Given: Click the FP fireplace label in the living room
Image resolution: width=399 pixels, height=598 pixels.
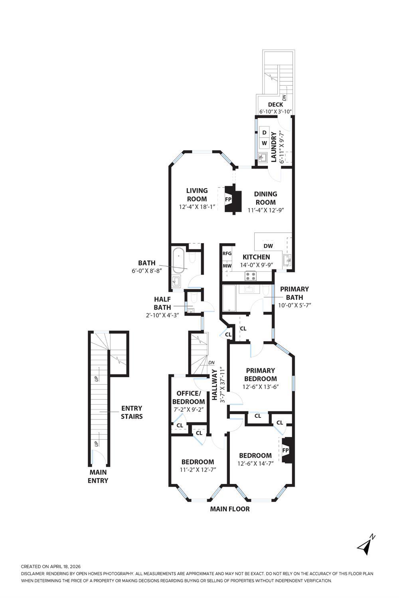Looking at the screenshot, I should [x=229, y=199].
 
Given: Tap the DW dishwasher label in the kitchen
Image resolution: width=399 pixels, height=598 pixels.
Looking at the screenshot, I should [x=268, y=246].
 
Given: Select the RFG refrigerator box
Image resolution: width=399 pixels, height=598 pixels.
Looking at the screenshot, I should [x=227, y=254].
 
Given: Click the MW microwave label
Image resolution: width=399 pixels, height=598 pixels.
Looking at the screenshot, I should [x=227, y=266].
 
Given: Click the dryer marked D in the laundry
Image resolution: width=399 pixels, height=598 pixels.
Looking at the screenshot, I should [x=264, y=132].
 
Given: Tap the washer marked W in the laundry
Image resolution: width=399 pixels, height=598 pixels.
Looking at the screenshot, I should [x=264, y=143].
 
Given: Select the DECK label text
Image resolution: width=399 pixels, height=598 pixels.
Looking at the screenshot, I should [x=275, y=105].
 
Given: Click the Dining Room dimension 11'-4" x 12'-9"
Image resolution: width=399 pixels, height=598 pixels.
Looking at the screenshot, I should [x=265, y=210].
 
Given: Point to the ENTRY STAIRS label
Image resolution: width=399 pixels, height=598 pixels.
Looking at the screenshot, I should [x=132, y=412].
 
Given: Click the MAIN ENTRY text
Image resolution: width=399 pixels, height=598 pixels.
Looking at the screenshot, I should [x=98, y=476].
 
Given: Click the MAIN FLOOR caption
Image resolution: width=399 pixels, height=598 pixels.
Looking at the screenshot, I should [x=230, y=509].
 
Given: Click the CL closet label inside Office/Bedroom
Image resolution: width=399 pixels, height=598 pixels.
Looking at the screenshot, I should [x=180, y=425].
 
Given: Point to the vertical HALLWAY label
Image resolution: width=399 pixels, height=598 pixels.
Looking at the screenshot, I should [x=214, y=385].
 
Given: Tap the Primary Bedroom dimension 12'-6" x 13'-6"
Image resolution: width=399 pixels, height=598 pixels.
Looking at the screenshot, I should [x=260, y=386].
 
